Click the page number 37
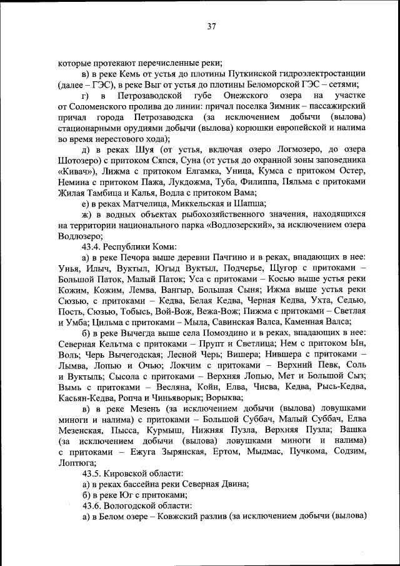(x=211, y=26)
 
